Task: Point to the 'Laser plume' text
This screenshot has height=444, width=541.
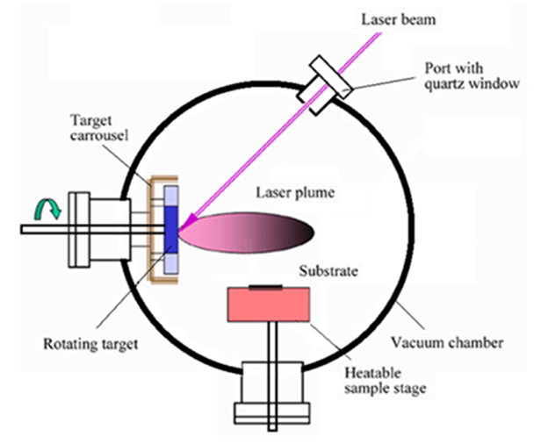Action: click(x=292, y=192)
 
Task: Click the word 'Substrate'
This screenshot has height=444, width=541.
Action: click(x=328, y=271)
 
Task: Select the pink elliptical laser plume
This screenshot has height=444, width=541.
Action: click(x=251, y=233)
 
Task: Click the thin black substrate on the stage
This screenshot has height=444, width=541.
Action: click(x=266, y=286)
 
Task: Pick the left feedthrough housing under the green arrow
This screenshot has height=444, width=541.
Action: click(x=97, y=229)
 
